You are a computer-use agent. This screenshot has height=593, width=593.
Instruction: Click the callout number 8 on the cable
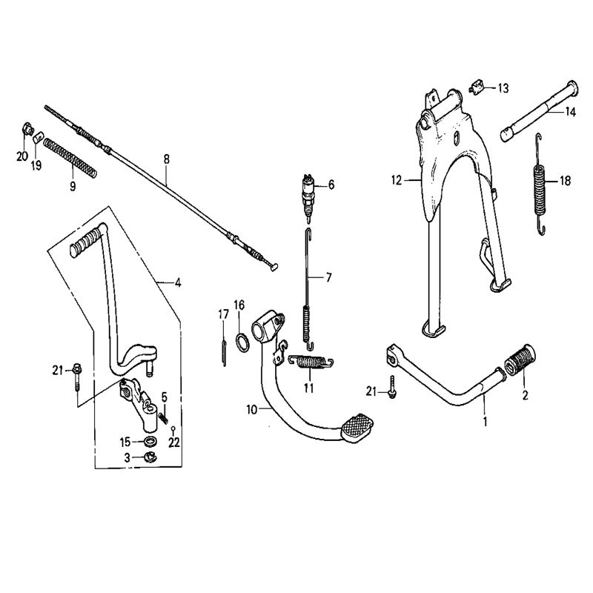tap(166, 158)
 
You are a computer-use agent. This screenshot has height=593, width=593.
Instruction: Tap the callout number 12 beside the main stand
tap(396, 179)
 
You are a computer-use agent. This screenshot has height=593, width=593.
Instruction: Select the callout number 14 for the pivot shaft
tap(570, 112)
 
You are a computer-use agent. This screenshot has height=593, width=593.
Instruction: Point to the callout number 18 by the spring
tap(566, 180)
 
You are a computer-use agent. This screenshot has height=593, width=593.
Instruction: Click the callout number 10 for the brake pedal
tap(251, 408)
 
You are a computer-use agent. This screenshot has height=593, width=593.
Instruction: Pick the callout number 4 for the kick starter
tap(178, 282)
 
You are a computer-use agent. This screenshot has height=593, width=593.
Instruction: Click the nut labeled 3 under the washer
tap(150, 457)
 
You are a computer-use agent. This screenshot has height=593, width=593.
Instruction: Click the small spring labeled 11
tap(311, 362)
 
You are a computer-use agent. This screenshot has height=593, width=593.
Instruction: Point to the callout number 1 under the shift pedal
tap(486, 422)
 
